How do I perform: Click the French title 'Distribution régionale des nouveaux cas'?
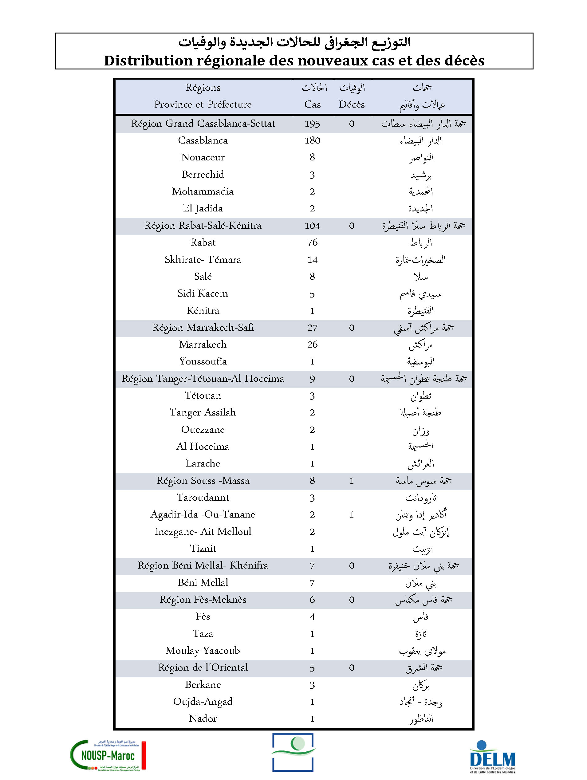coord(294,61)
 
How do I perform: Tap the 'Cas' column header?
coord(312,104)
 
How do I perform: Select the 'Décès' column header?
coord(352,104)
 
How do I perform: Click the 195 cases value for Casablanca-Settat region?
coord(312,124)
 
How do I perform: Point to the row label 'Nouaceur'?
coord(203,157)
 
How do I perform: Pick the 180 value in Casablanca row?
coord(312,140)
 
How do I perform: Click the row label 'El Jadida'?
coord(203,208)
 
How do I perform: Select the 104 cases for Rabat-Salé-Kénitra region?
coord(312,226)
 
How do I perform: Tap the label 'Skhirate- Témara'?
coord(203,259)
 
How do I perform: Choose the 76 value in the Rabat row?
coord(312,242)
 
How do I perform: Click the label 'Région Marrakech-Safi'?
coord(203,328)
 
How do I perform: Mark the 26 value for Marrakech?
coord(312,345)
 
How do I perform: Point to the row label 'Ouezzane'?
coord(203,430)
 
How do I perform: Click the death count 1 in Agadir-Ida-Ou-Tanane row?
coord(352,515)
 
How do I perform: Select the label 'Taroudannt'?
coord(203,498)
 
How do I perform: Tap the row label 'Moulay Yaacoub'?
coord(203,651)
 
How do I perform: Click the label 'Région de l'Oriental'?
coord(203,668)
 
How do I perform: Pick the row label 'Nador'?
coord(203,718)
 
